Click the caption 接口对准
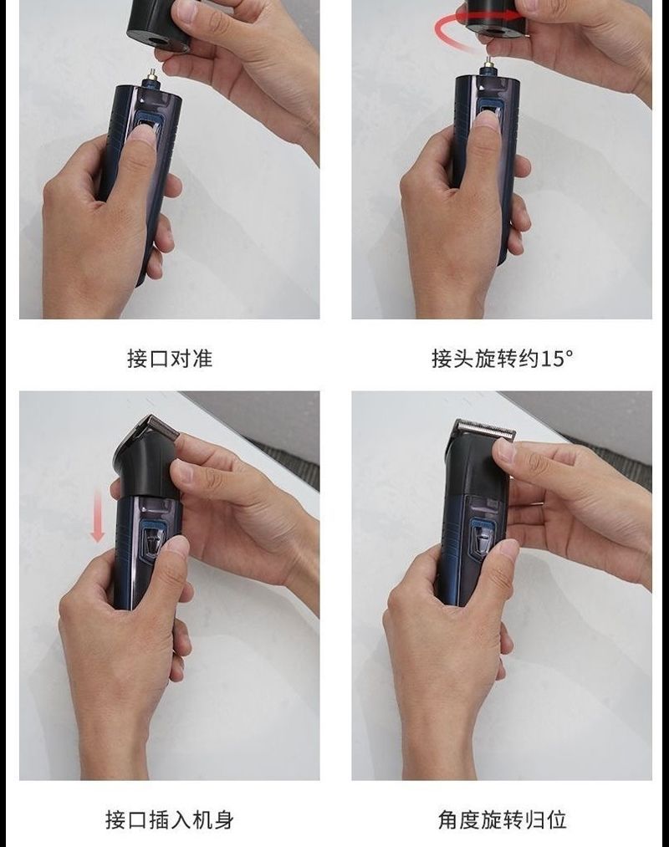pos(170,358)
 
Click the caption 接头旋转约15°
pos(502,358)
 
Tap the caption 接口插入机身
pos(170,819)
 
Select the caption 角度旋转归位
pos(502,819)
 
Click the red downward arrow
pos(98,516)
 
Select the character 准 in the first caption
pos(202,358)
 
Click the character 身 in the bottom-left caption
pos(224,819)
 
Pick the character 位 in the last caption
pos(556,819)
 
